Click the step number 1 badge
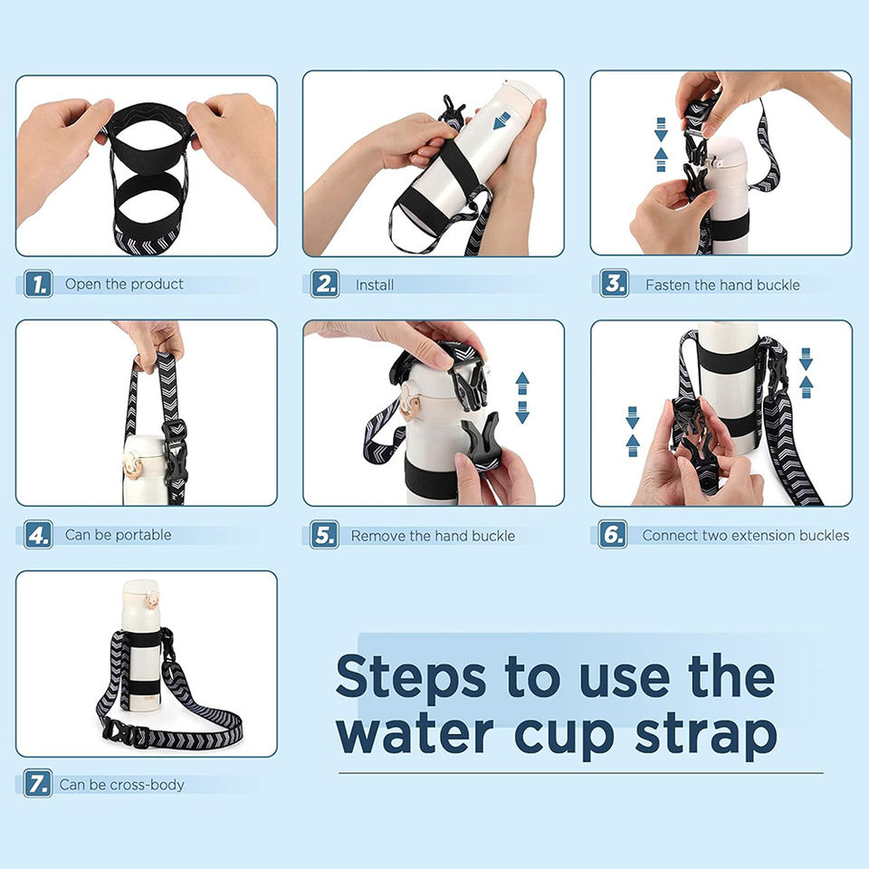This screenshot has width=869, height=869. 38,283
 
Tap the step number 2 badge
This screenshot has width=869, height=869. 325,283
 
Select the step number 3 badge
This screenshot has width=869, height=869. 614,283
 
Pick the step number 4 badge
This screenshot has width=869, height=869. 38,535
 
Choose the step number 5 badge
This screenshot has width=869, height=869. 324,535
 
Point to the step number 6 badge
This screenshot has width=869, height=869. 613,534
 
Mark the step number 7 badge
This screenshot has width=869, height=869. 38,783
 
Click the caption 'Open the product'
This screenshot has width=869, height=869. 124,284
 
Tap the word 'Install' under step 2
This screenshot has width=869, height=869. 375,285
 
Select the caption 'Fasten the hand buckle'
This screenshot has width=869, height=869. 722,285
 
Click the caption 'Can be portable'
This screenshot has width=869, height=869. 118,535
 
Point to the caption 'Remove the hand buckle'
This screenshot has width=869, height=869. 433,536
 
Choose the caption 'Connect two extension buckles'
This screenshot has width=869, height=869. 745,535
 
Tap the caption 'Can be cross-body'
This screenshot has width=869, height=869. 121,785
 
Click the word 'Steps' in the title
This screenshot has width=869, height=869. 411,678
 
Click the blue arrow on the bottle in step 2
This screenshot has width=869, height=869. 501,120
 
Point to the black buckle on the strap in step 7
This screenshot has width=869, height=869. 119,732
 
